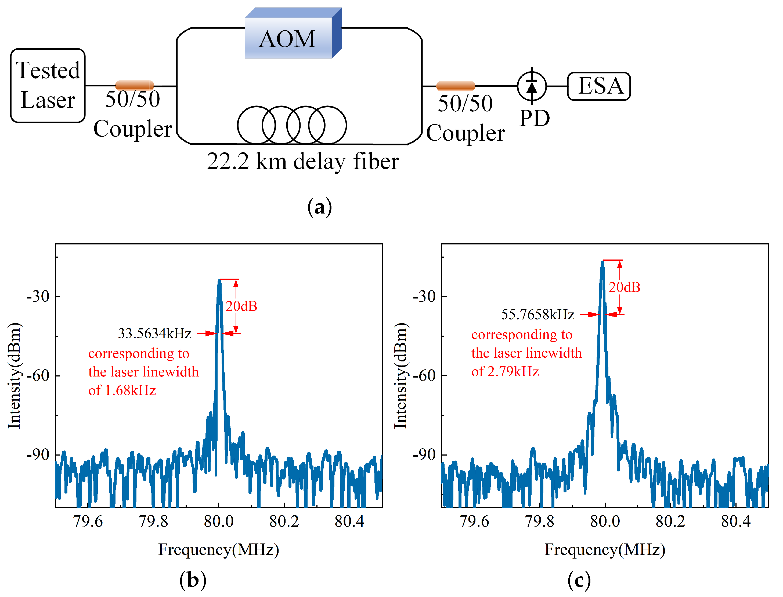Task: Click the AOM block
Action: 288,38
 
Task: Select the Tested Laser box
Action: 48,86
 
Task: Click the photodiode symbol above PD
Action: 531,86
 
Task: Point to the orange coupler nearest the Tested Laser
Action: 135,85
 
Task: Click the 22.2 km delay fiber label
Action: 302,161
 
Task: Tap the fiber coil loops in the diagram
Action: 292,125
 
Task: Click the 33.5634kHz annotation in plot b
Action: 154,333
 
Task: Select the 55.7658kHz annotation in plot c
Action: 537,314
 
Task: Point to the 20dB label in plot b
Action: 241,306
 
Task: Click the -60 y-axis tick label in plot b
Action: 38,376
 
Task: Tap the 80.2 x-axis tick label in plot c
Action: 670,521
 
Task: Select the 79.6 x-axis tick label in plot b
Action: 88,521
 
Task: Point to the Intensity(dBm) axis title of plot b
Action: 15,376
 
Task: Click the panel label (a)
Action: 319,207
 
